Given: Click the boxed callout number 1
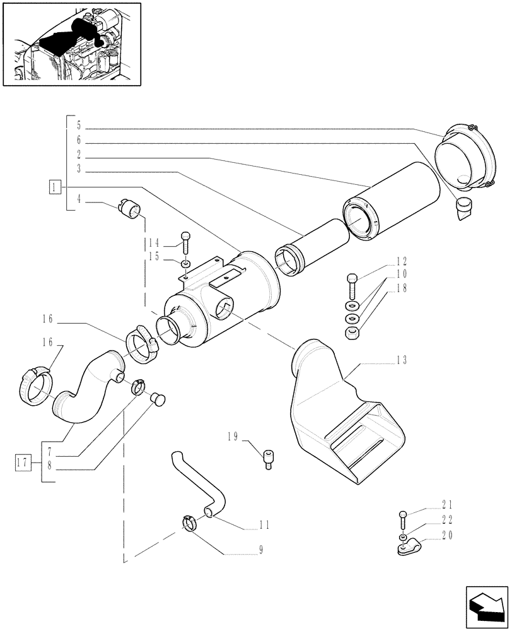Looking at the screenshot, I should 56,187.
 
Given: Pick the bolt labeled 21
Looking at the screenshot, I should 403,521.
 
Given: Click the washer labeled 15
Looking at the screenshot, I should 186,262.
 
